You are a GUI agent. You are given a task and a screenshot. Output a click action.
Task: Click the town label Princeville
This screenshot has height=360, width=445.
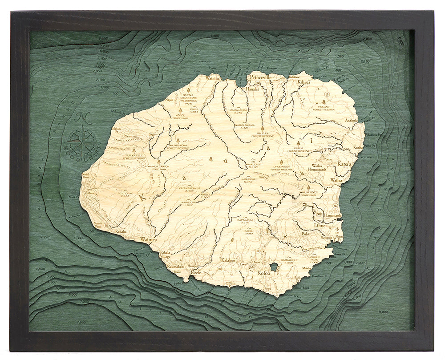[x=260, y=77]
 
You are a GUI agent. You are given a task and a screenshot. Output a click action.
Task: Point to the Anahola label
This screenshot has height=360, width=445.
[x=351, y=120]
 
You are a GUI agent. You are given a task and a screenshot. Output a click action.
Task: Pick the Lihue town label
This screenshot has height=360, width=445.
[x=320, y=225]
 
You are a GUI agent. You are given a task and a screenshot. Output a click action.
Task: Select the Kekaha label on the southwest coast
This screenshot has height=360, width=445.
[x=121, y=231]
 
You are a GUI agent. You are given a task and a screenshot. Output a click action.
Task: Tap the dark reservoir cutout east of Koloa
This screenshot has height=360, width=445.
[x=274, y=267]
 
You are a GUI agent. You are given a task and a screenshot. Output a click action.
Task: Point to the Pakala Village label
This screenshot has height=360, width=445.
[x=165, y=255]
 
